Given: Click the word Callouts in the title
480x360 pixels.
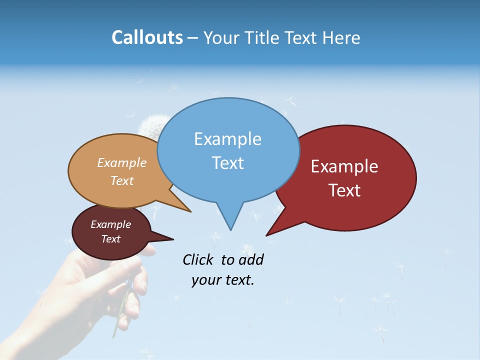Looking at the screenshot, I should pos(147,37).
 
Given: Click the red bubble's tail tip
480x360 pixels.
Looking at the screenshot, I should pos(267,235).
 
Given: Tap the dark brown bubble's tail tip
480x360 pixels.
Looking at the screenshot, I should pos(173,239).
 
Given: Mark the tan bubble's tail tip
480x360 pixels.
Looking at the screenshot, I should pos(190,211).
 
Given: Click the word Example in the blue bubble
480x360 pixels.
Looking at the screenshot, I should pos(227,139).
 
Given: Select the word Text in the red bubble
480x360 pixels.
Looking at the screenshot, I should pos(344,190).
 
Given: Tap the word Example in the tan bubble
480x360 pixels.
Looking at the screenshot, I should pos(121,163).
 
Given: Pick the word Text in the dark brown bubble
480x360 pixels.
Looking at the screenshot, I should pos(110,239).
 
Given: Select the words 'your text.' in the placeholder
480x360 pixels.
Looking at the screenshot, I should pos(222,280).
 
